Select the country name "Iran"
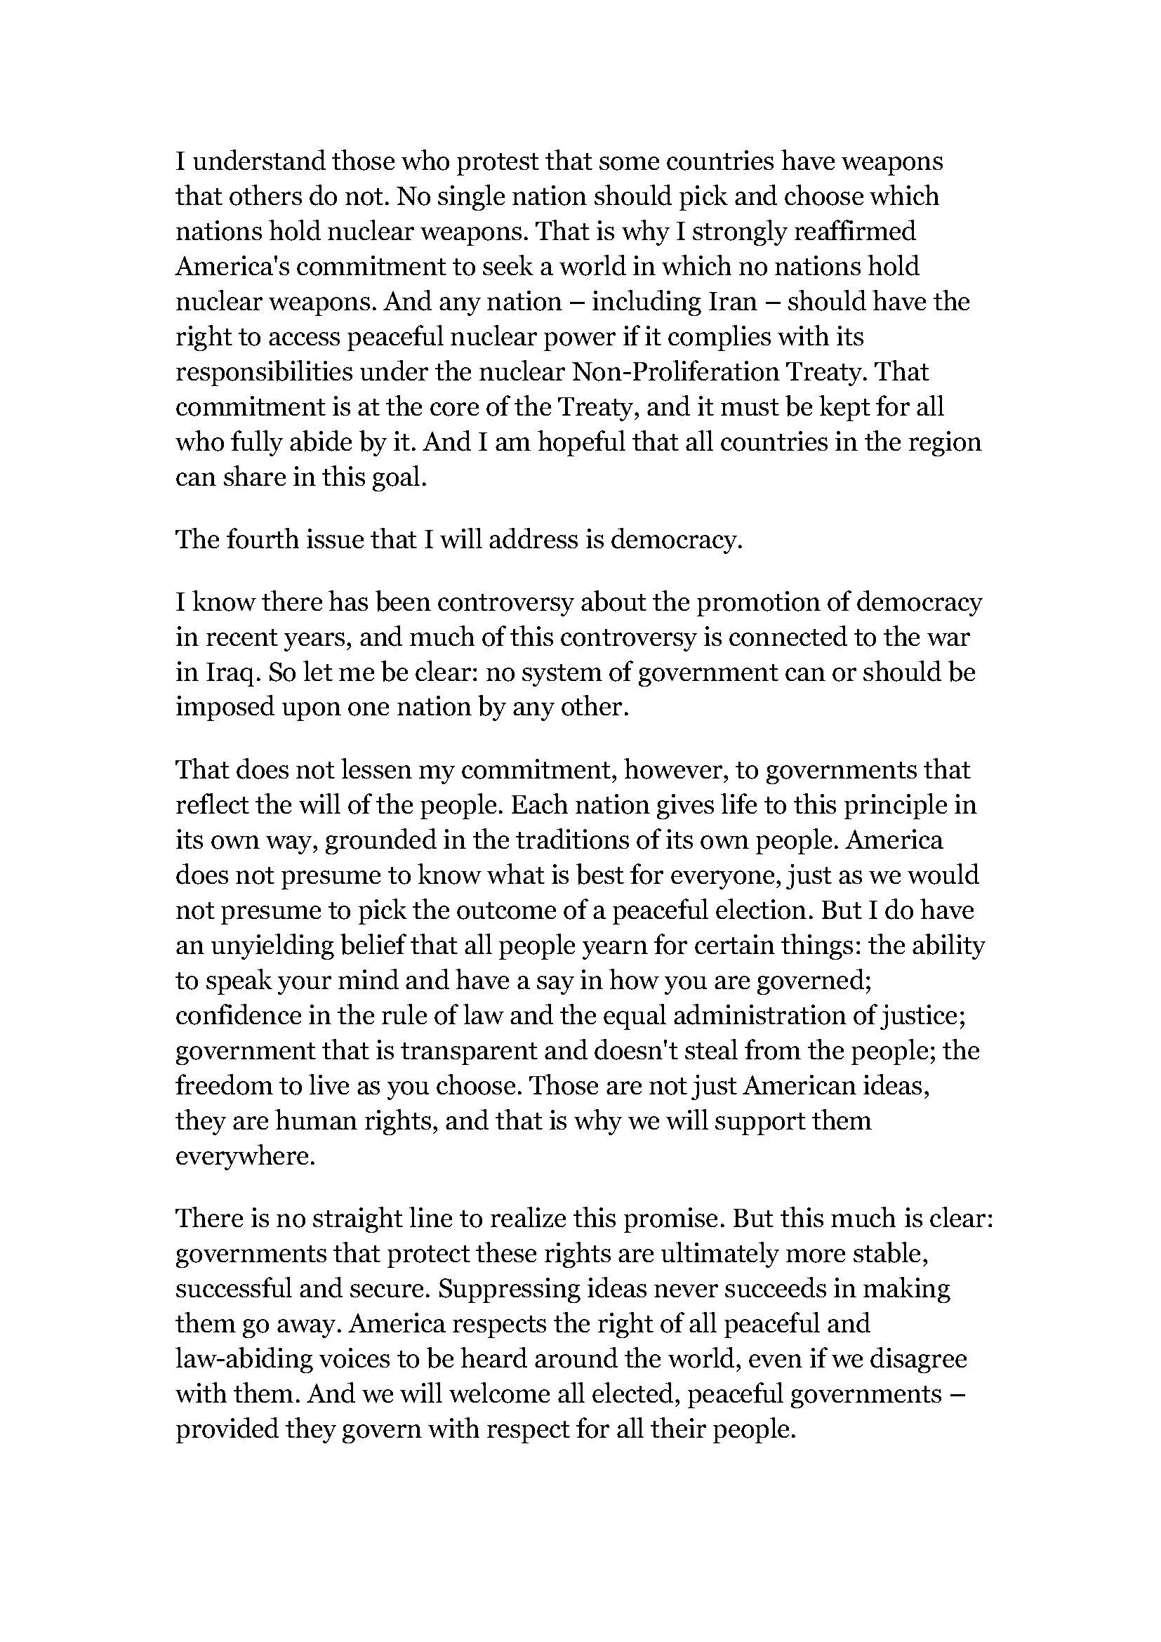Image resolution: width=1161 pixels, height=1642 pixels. (x=732, y=302)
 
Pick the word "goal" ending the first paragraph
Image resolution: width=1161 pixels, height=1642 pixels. (x=403, y=477)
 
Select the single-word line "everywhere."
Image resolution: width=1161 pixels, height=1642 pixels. (x=245, y=1156)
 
